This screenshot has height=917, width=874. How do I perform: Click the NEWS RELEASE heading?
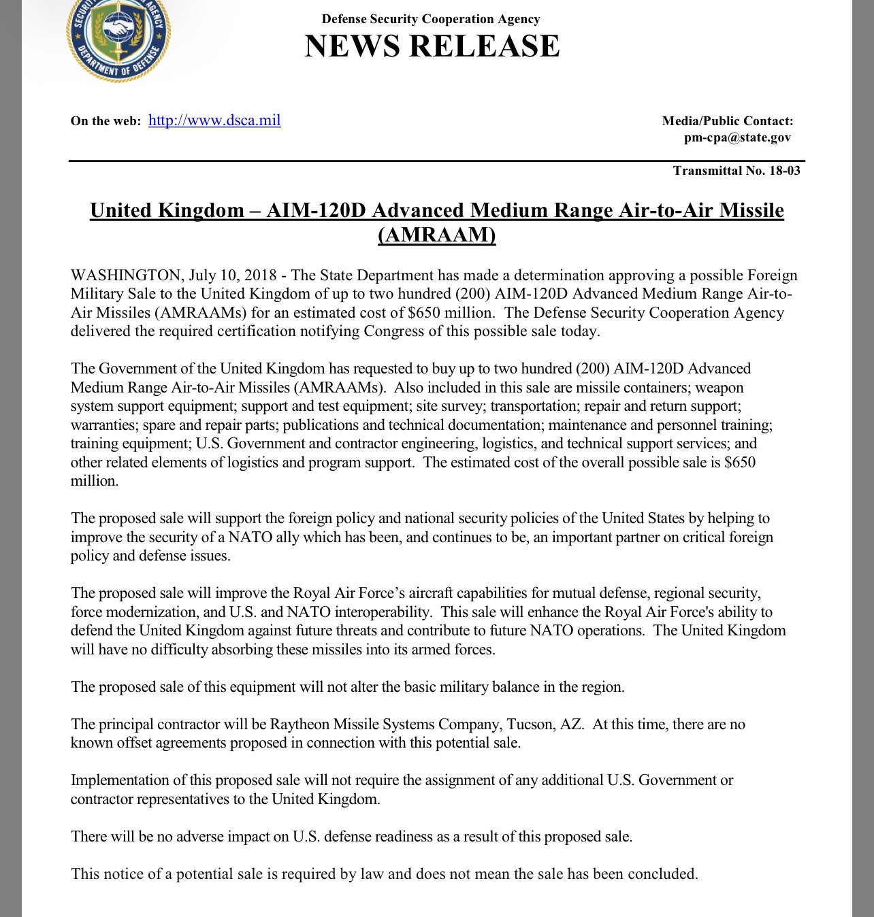[x=432, y=46]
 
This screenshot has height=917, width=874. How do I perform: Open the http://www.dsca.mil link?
[x=214, y=120]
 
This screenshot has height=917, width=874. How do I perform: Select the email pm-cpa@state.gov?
[x=737, y=137]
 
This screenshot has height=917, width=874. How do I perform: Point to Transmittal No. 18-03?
[x=737, y=170]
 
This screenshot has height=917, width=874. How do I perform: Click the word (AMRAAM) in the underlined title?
[x=437, y=235]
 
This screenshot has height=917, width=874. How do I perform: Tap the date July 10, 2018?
[x=233, y=276]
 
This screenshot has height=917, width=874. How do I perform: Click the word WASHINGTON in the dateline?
[x=126, y=276]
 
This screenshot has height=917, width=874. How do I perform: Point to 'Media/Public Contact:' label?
[x=728, y=121]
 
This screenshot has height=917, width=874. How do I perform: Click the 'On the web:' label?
[x=106, y=121]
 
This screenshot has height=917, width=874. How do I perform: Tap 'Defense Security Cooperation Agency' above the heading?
[x=431, y=19]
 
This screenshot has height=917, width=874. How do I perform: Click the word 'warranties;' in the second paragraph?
[x=105, y=425]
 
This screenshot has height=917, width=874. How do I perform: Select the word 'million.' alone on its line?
[x=95, y=481]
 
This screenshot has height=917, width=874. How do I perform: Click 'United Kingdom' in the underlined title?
[x=167, y=210]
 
